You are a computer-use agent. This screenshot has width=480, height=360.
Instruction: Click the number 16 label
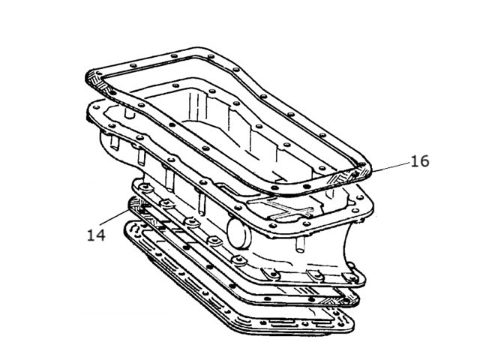pos(420,161)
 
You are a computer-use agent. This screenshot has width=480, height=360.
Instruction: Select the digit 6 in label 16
pos(424,161)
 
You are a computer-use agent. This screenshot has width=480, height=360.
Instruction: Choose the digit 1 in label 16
pos(415,161)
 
